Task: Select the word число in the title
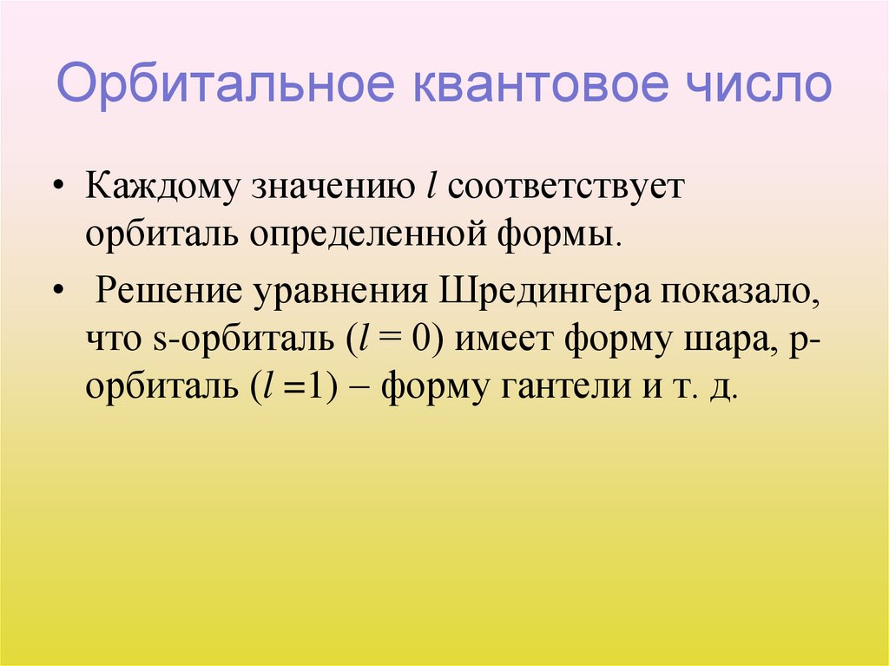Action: (753, 87)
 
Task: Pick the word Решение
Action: (168, 290)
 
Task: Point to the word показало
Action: (741, 290)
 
